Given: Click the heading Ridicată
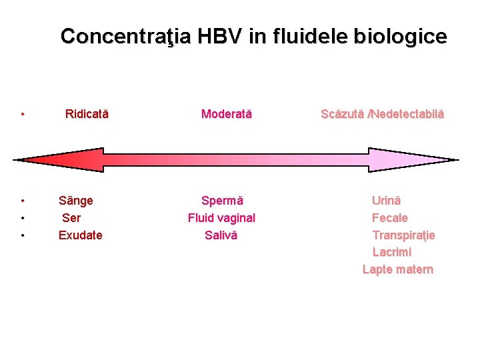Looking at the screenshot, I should tap(87, 114).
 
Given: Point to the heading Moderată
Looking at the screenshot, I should tap(227, 114).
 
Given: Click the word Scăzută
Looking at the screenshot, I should tap(343, 114).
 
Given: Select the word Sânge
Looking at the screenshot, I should tap(76, 201).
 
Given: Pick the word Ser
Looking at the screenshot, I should tap(71, 218).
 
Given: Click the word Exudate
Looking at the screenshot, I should tap(81, 235).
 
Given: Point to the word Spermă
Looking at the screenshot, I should tap(222, 201).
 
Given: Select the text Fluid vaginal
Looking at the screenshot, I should tap(221, 218).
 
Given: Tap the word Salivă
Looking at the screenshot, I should tap(221, 235).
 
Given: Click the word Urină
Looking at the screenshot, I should tap(386, 201).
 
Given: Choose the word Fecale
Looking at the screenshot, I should tap(389, 218).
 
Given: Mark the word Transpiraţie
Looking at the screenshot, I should tap(403, 235).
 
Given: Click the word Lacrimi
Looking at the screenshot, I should tap(391, 253).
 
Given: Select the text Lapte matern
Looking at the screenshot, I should tap(397, 270).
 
